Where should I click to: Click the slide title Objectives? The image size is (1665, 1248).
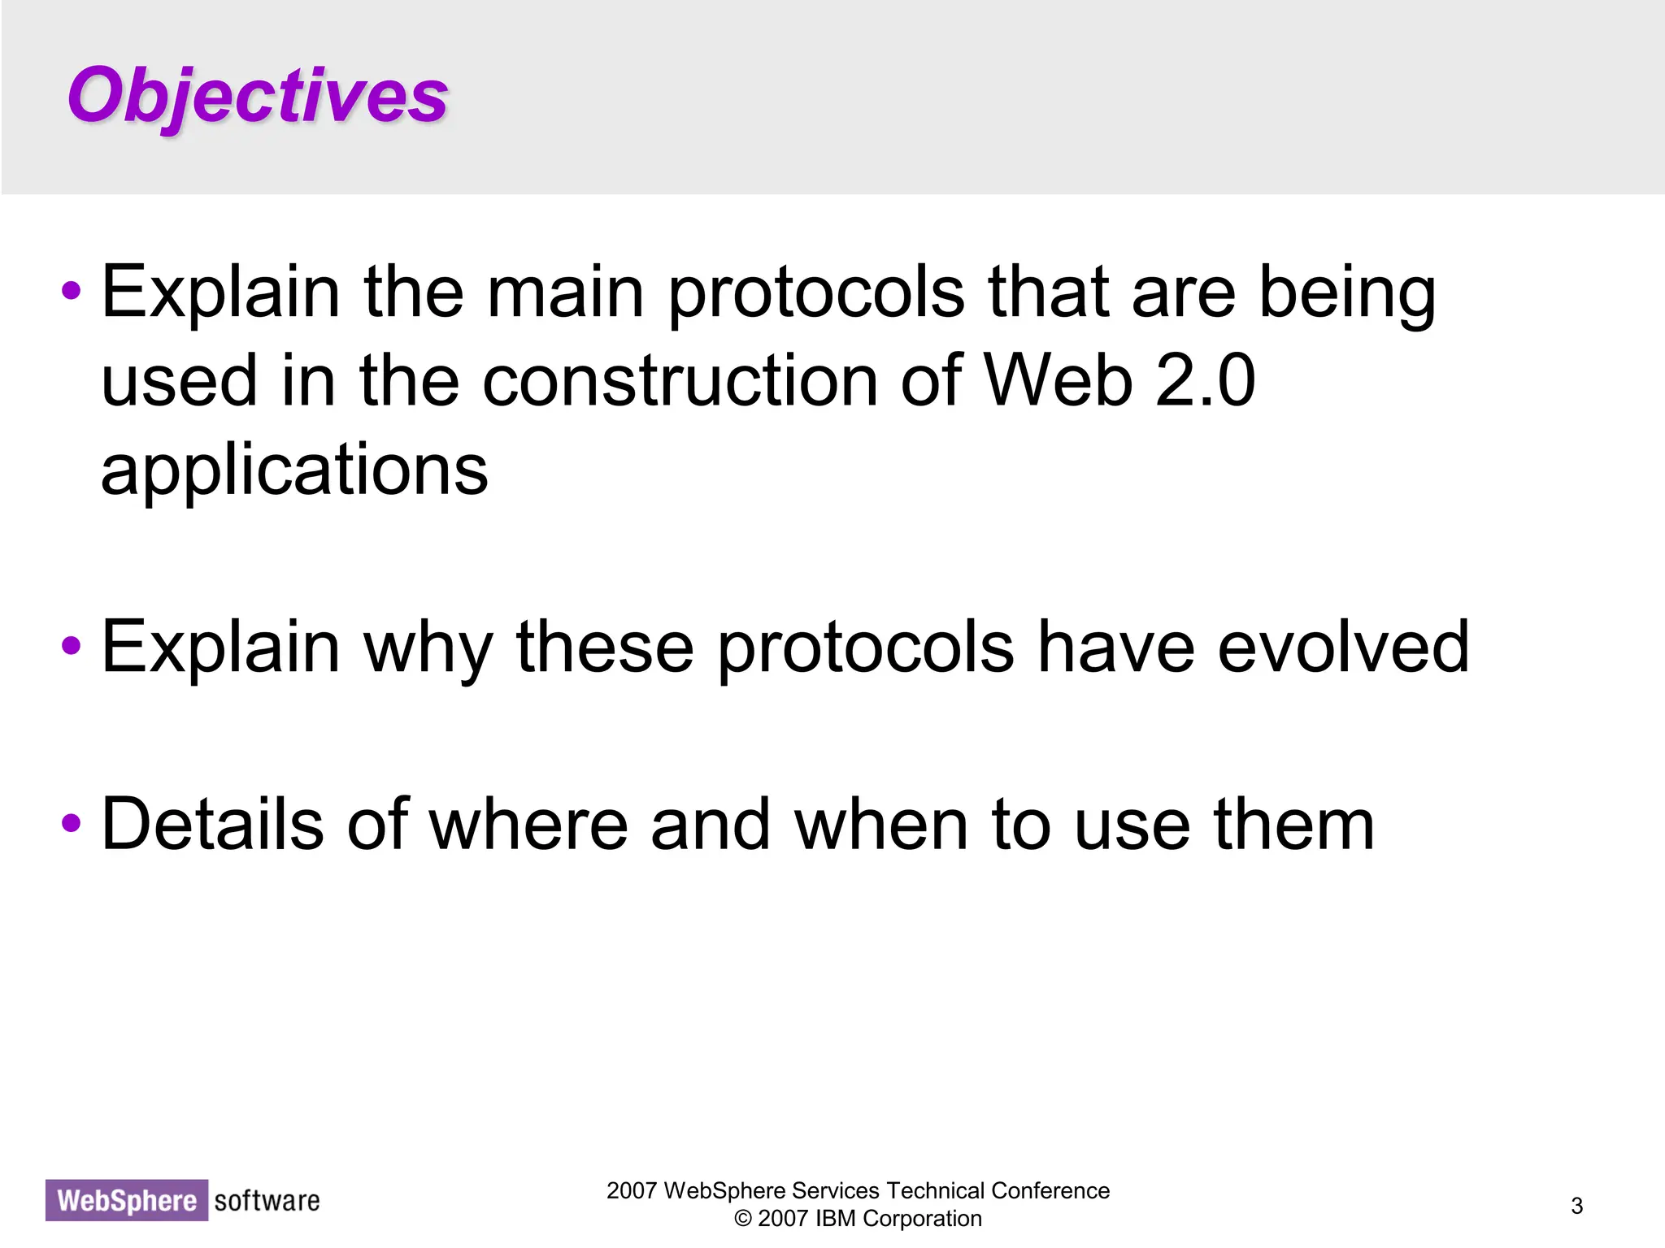point(257,96)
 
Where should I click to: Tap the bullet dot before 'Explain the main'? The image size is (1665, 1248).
point(72,291)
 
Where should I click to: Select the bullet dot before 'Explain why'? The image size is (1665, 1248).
point(72,646)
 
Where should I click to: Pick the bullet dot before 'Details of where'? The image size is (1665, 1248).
point(72,823)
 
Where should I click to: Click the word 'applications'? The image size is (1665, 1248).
point(294,471)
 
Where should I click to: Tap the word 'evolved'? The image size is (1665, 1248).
point(1343,648)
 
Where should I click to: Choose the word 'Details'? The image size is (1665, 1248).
point(212,825)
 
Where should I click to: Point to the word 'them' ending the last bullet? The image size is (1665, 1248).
point(1293,825)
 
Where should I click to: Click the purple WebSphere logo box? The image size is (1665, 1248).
point(127,1200)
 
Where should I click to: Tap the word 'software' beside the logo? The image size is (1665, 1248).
point(267,1200)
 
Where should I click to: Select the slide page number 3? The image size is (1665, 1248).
point(1576,1206)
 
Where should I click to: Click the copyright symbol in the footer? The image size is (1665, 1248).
point(742,1219)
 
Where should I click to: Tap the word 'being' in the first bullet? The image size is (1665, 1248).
point(1347,294)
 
